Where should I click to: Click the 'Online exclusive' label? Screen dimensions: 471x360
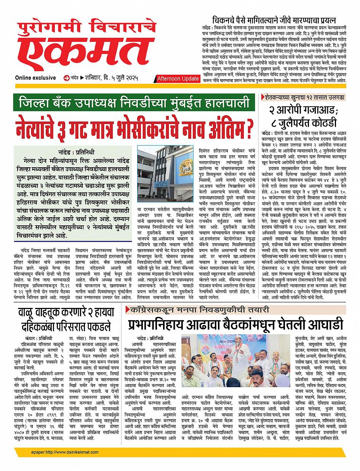point(35,78)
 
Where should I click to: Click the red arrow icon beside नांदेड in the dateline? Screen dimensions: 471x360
point(67,78)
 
